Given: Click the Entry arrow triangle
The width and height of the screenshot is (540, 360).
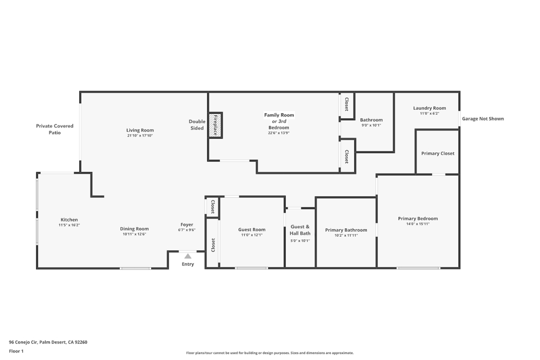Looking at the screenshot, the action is tap(188, 256).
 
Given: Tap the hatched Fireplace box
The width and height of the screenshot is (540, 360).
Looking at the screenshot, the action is tap(215, 125).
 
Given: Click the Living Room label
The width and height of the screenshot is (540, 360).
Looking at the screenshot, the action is tap(140, 130).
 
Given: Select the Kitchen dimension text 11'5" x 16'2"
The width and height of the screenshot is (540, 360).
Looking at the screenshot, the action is tap(69, 225).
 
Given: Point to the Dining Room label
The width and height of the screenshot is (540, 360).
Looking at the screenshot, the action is tap(134, 229).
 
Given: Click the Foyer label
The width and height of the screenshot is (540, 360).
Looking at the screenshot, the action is tap(187, 225).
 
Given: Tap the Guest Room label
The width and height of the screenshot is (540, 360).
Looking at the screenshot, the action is tap(252, 230).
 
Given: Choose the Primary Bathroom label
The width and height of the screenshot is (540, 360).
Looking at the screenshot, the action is tap(346, 230).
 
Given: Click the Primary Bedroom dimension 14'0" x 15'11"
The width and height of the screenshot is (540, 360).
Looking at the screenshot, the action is tap(418, 224).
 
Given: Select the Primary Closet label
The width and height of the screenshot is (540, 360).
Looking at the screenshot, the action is tap(438, 153).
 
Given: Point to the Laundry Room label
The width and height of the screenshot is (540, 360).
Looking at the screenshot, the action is tap(429, 108).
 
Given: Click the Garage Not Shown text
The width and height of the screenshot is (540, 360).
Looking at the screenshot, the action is tap(483, 119).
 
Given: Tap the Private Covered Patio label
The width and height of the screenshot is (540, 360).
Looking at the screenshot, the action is tap(55, 129).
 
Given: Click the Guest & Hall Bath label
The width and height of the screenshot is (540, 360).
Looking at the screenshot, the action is tap(300, 230).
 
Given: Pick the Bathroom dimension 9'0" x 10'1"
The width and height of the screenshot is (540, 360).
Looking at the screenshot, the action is tap(371, 125).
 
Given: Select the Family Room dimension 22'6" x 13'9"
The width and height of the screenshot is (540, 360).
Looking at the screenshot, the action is tap(278, 133).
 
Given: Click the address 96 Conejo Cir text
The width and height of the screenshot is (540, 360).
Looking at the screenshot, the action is tap(23, 342).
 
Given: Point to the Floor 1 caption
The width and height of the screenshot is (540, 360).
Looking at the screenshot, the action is tap(16, 351).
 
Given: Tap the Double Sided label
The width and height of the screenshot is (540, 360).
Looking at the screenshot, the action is tap(197, 124).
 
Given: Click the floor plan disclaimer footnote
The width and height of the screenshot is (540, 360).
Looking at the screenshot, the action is tap(270, 353).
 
